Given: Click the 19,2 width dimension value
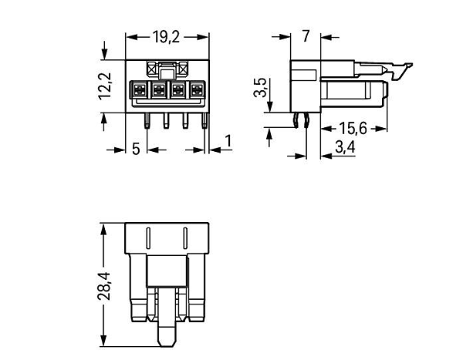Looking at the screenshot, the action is click(x=166, y=37).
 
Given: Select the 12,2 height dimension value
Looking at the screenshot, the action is click(x=105, y=86).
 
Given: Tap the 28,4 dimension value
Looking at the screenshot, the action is click(x=103, y=286).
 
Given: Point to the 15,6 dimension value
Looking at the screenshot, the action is click(x=353, y=129).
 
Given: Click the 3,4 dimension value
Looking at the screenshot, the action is click(x=345, y=147).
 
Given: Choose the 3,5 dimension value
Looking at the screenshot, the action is click(x=260, y=87).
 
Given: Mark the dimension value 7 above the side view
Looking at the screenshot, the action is click(x=306, y=36).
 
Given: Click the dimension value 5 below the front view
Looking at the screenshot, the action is click(x=136, y=149).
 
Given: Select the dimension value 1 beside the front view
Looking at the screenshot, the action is click(x=228, y=141).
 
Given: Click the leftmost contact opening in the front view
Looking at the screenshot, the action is click(x=140, y=89).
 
